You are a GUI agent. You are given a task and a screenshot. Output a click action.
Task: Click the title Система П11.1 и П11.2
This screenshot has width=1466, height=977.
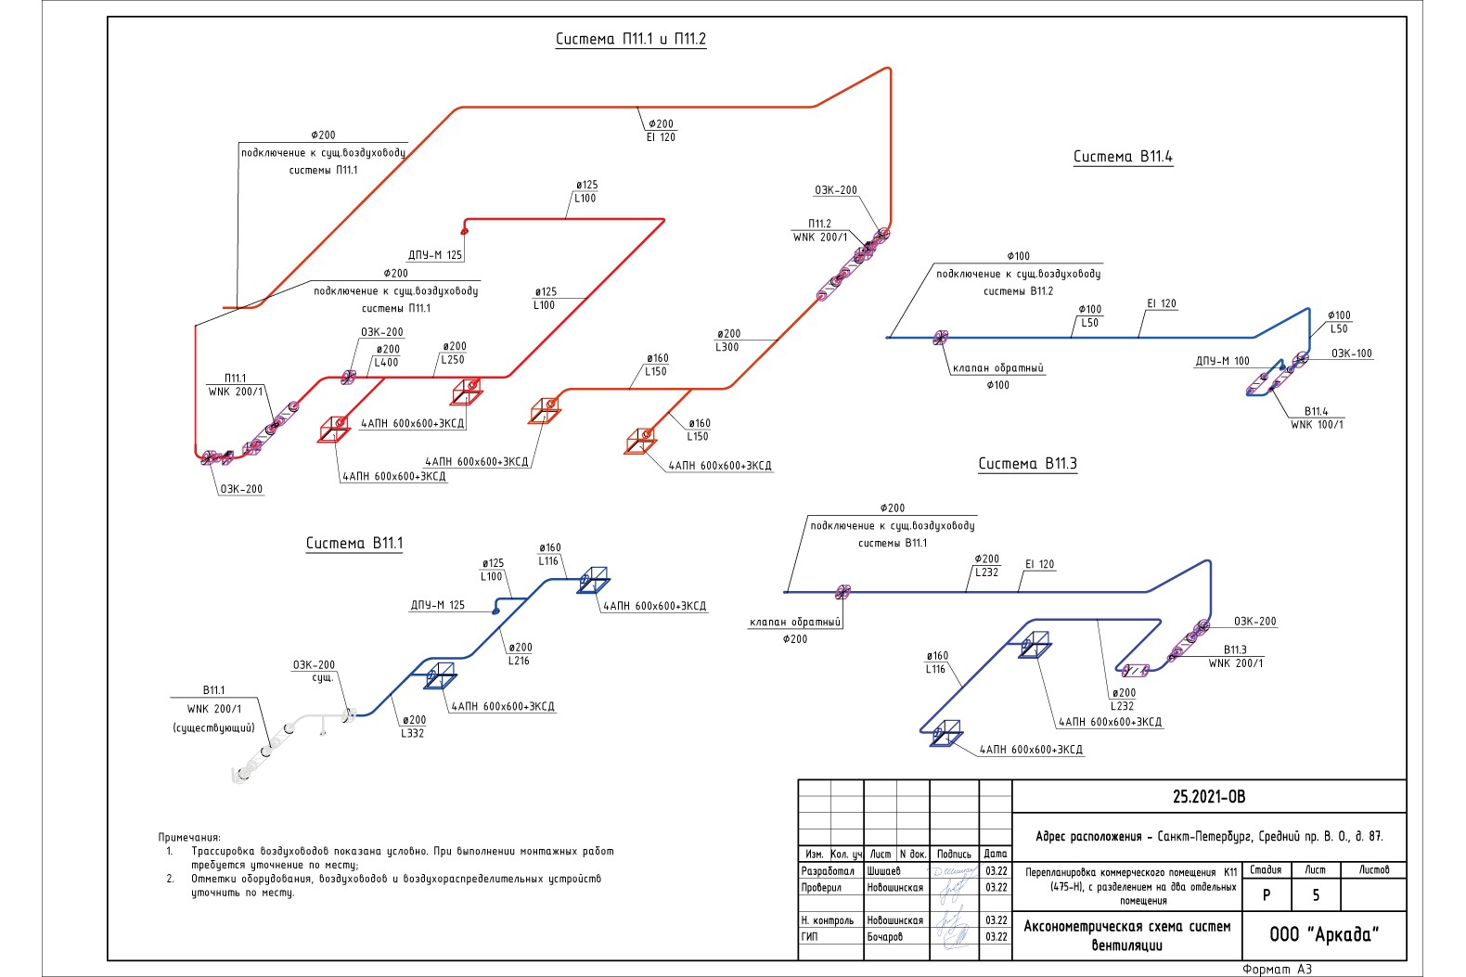(631, 39)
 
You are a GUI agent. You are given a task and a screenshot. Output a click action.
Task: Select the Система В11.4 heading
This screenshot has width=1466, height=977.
(1123, 157)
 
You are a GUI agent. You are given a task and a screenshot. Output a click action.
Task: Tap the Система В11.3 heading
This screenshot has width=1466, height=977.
(1027, 464)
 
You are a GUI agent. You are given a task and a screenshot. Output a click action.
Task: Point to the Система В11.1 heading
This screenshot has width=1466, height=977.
(354, 544)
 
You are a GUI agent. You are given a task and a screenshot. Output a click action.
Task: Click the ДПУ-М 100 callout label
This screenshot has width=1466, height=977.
(1222, 361)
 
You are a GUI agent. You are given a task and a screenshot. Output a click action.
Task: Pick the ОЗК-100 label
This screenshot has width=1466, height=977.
(1351, 354)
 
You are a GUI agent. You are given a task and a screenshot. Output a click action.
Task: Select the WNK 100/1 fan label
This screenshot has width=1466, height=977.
(1317, 425)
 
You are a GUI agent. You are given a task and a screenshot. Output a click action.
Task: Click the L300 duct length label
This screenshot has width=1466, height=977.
(727, 347)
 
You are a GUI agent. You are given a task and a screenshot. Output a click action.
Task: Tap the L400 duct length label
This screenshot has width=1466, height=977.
(386, 363)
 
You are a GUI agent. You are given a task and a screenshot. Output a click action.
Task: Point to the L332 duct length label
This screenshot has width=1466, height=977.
(412, 733)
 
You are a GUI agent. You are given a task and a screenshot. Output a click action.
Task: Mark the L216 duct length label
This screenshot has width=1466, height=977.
(519, 661)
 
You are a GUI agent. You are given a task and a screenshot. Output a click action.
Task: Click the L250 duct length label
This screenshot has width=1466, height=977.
(453, 360)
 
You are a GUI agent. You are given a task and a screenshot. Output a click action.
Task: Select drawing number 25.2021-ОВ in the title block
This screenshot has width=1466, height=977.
(1209, 797)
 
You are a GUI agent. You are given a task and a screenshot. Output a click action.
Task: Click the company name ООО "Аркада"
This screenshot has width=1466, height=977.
(1324, 934)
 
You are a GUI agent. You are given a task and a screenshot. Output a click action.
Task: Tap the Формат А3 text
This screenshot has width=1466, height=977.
(1277, 970)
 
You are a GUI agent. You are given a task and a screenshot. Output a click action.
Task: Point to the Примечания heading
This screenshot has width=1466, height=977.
(189, 837)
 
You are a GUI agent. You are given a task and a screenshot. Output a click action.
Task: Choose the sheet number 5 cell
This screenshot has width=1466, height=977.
(1315, 895)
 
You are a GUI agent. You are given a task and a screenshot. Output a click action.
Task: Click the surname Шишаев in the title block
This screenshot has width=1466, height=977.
(883, 871)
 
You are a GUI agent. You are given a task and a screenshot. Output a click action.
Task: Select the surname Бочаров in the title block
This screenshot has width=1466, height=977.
(884, 937)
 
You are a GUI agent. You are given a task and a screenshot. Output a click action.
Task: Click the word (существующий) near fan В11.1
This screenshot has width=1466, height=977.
(213, 727)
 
